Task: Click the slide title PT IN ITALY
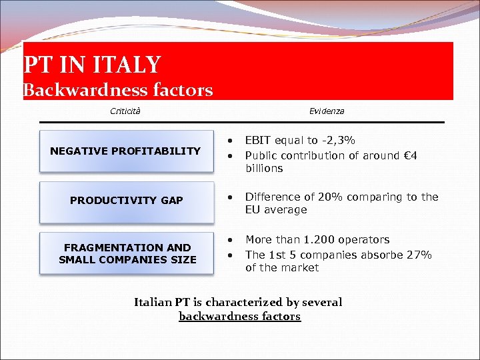[x=92, y=65]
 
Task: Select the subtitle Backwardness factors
[x=118, y=89]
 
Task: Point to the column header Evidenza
[x=327, y=111]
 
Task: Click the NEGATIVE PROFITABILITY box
[x=125, y=151]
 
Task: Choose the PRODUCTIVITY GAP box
[x=127, y=201]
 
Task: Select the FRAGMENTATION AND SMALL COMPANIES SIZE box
[x=127, y=253]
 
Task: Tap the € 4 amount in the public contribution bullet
[x=410, y=155]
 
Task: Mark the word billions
[x=264, y=169]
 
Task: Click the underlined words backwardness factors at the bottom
[x=239, y=317]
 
